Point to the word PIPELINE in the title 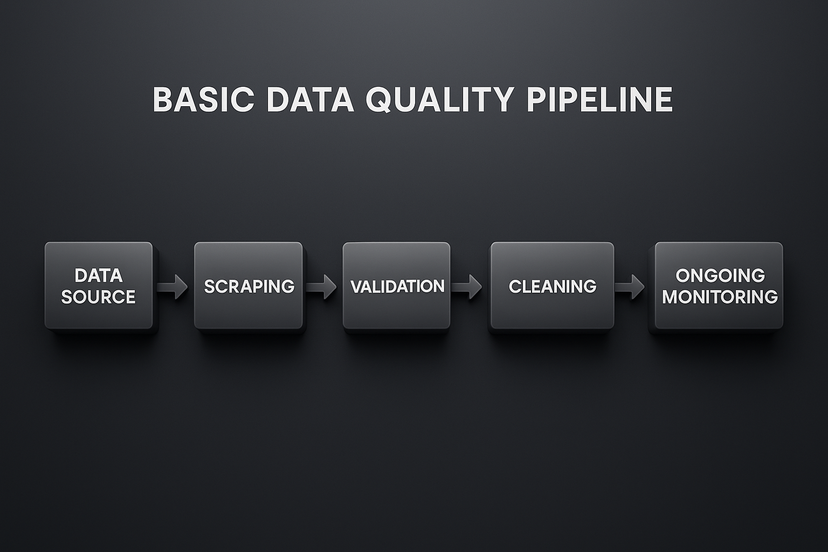click(599, 99)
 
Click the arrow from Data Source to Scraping click(173, 286)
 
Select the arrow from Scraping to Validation click(322, 286)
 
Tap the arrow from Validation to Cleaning click(467, 286)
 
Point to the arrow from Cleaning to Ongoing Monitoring click(630, 286)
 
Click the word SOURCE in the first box click(98, 297)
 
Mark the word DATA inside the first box click(99, 275)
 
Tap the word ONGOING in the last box click(720, 275)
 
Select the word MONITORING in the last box click(720, 296)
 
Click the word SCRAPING click(249, 286)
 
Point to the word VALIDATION click(398, 286)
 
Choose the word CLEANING click(553, 286)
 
